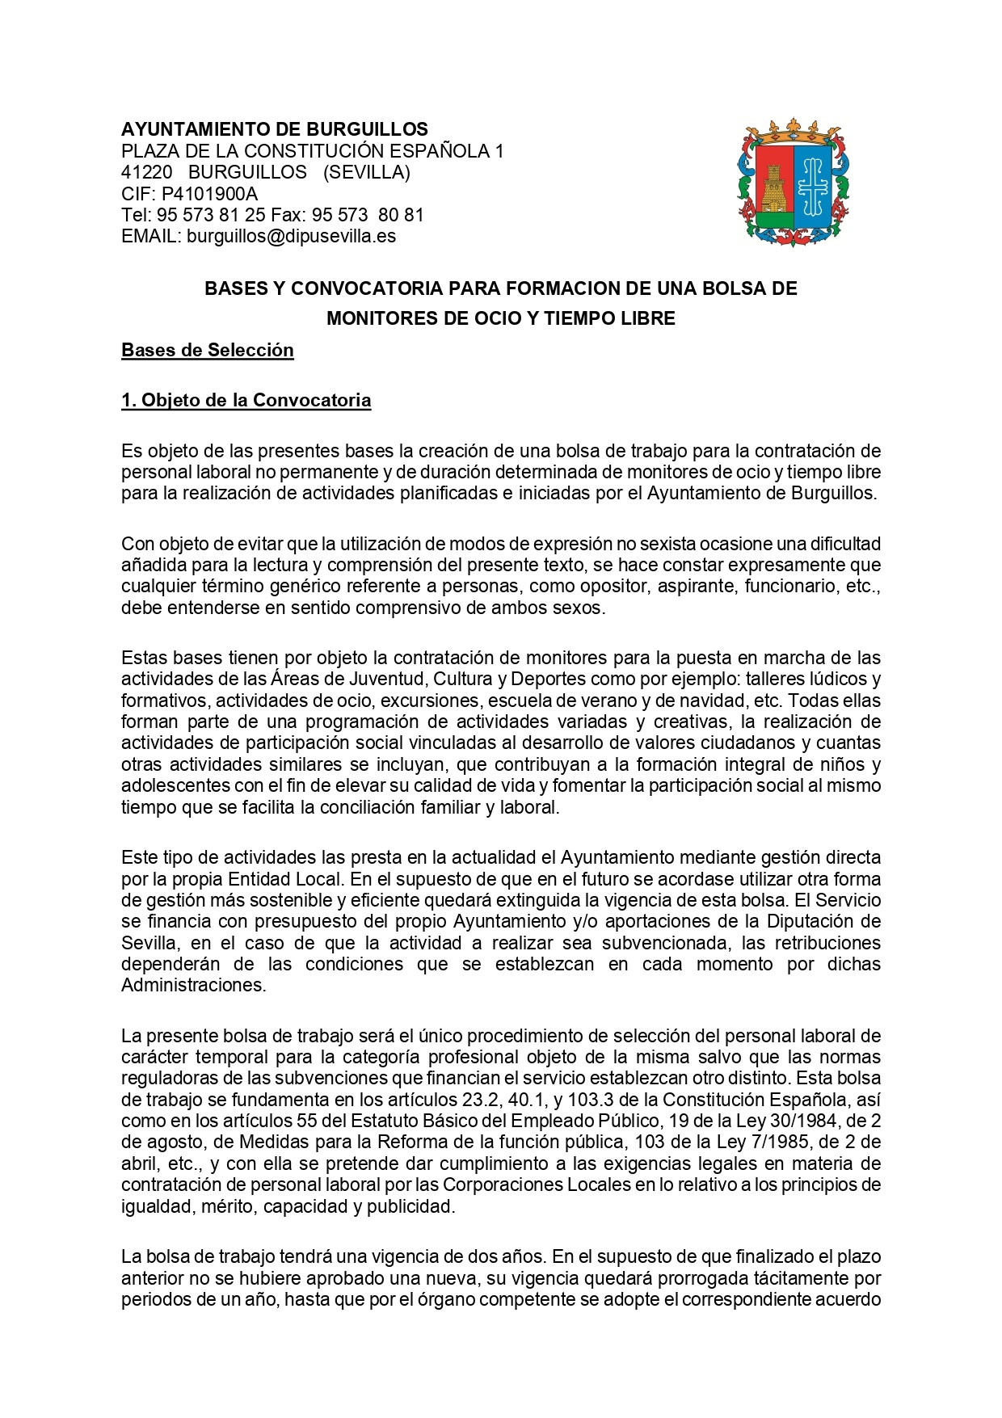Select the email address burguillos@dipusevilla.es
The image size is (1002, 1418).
[291, 237]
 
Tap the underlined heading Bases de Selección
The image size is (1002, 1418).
[207, 351]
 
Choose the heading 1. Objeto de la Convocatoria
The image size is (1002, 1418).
[246, 401]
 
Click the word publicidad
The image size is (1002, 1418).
[410, 1207]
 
